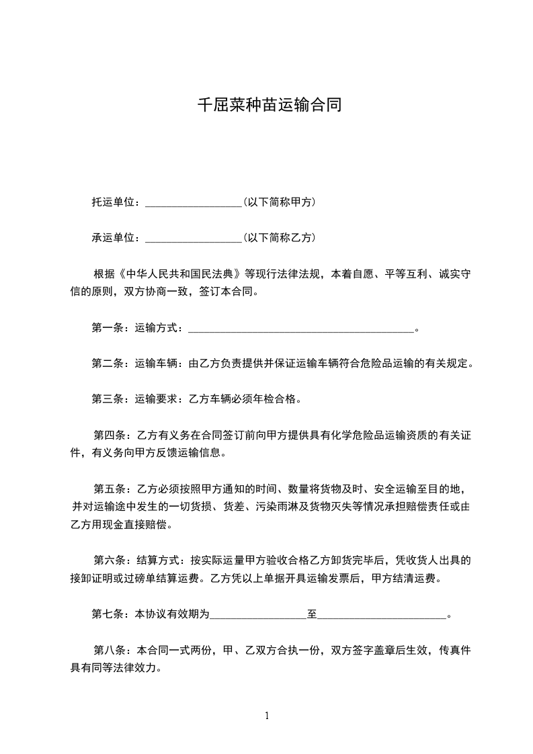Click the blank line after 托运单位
pos(193,203)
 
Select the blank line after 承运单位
pos(193,239)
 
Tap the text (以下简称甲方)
pos(280,202)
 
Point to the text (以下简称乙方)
pos(280,238)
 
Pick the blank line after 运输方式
pos(300,329)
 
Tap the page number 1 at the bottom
pos(267,716)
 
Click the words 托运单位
pos(114,202)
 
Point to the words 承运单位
pos(114,238)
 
